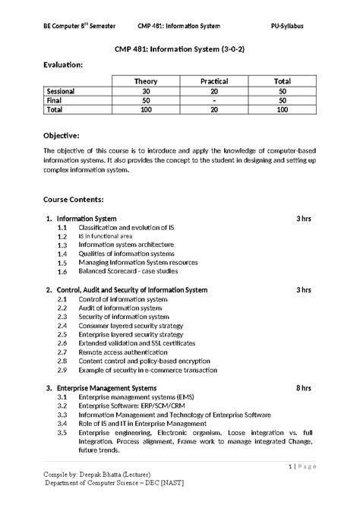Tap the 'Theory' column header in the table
point(146,80)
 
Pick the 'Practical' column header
point(214,80)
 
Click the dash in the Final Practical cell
point(214,99)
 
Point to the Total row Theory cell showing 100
point(146,109)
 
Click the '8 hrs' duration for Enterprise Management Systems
point(304,388)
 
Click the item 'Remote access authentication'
point(122,352)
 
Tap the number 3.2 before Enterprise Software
point(62,406)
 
